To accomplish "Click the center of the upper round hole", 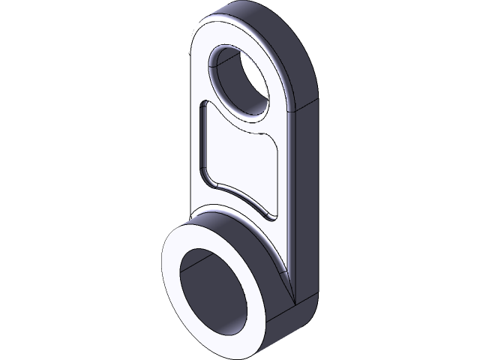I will (241, 81).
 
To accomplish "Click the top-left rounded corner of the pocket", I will (202, 109).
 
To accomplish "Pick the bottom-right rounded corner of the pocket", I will (271, 216).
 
